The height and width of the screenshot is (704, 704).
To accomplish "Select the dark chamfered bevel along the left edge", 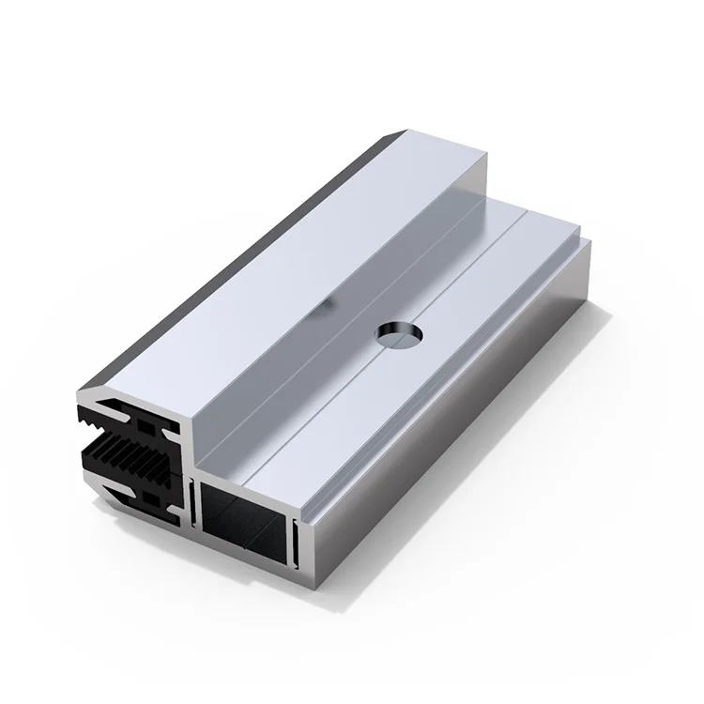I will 235,253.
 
